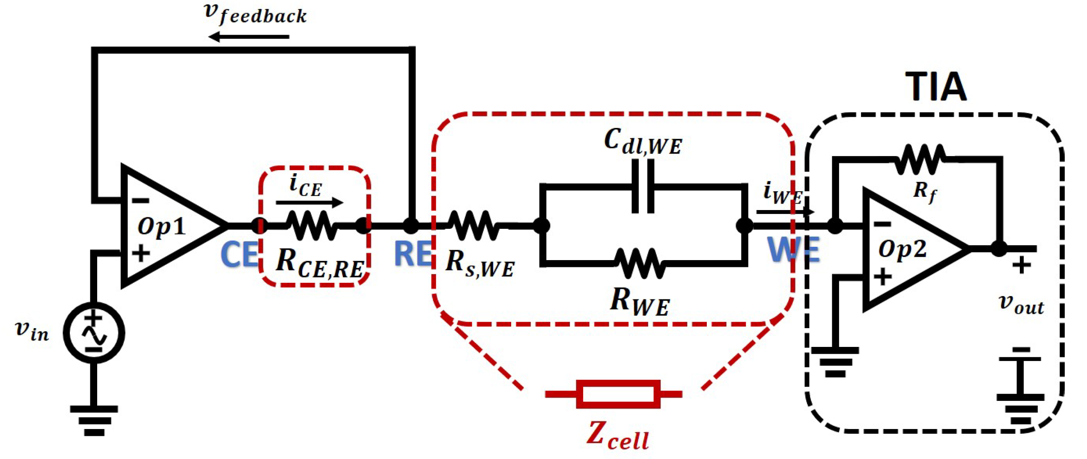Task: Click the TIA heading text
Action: point(936,87)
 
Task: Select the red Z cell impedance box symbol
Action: point(617,394)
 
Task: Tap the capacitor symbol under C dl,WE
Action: point(643,187)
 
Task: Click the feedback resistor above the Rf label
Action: point(920,159)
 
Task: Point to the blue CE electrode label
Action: point(239,255)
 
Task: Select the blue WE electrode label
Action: point(793,250)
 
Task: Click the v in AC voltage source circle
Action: point(94,333)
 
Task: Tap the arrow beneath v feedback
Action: point(248,37)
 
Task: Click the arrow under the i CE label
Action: point(309,202)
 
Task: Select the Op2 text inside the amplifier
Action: point(902,249)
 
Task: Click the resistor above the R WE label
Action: point(640,263)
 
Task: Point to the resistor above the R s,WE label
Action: point(473,225)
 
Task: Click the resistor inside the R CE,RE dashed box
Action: point(312,225)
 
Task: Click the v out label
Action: point(1021,305)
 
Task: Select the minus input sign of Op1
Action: point(140,201)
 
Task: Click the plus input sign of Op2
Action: point(882,276)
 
